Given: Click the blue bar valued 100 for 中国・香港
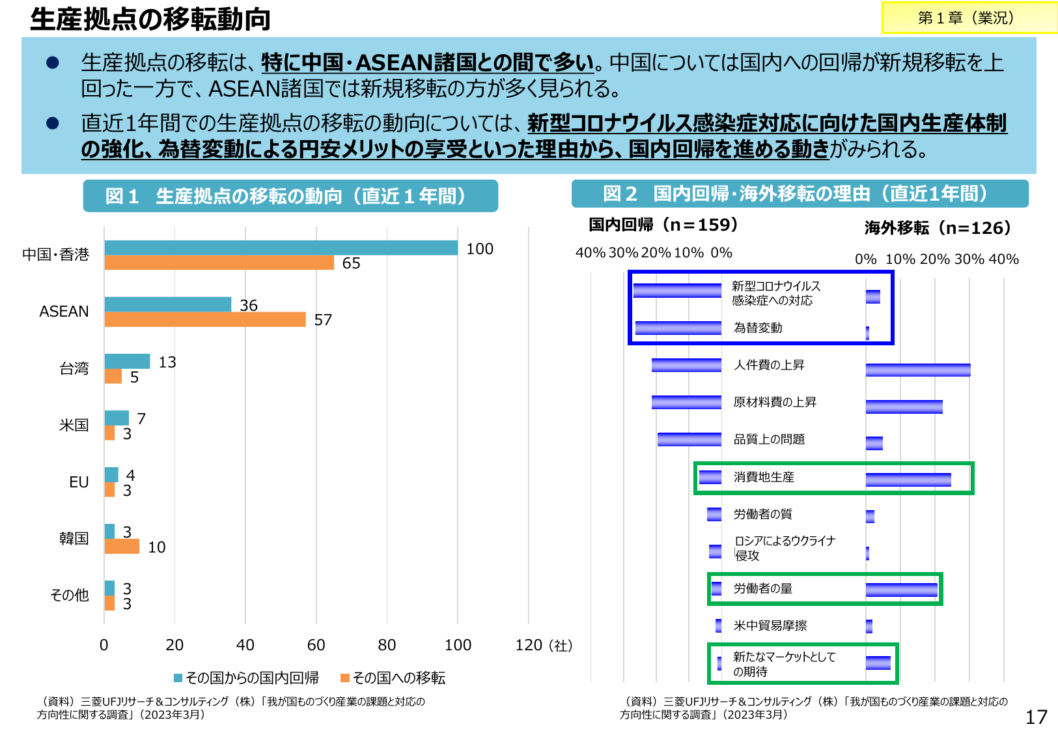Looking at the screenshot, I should (x=281, y=248).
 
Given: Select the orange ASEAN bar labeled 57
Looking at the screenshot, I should (x=204, y=319).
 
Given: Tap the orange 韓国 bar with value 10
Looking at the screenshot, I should (x=122, y=547).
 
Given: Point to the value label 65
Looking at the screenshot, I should (x=351, y=263).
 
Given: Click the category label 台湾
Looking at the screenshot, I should (x=74, y=369).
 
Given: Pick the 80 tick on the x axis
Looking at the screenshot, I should (x=387, y=645).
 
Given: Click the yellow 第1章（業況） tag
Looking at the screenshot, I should (x=969, y=18).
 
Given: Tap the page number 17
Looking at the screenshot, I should (x=1036, y=717).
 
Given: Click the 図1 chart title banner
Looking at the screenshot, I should (x=290, y=196).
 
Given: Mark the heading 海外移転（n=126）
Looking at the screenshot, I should (x=938, y=228).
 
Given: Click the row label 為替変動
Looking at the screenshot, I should (x=758, y=328).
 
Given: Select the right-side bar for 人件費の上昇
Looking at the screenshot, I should (x=917, y=370).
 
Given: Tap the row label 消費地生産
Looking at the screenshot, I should (x=764, y=477).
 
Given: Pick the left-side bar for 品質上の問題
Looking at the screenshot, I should (x=689, y=439).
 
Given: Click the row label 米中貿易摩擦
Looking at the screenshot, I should (x=770, y=625).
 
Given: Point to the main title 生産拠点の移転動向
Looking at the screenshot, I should (x=150, y=20).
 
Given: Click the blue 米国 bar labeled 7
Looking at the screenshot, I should (x=117, y=418).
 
